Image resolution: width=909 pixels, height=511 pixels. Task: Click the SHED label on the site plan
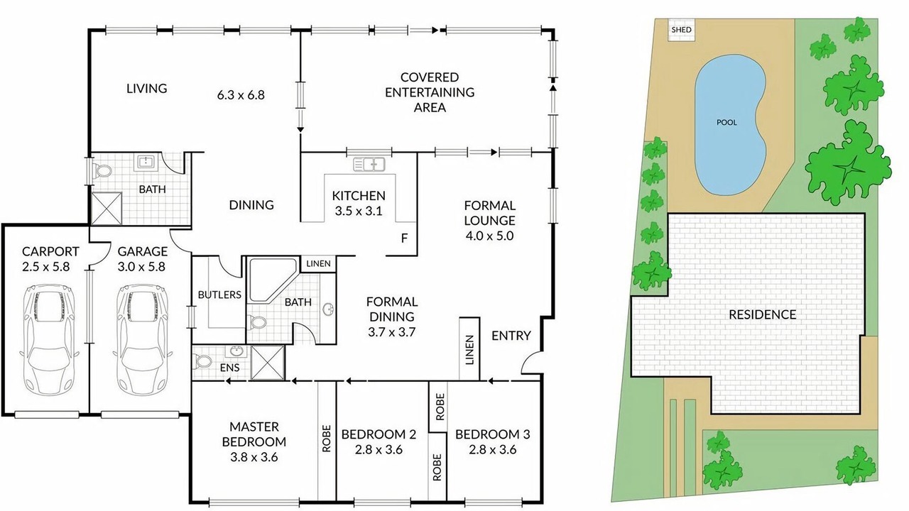click(x=681, y=30)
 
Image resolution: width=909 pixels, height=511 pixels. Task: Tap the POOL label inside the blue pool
click(x=726, y=122)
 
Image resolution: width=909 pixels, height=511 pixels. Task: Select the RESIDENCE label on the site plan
click(x=763, y=314)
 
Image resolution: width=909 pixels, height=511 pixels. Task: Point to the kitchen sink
click(x=369, y=164)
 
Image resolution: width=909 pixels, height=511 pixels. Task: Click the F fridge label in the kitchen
click(x=404, y=238)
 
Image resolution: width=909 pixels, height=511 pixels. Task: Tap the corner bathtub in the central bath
click(x=272, y=280)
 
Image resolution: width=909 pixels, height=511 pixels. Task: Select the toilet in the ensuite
click(x=202, y=361)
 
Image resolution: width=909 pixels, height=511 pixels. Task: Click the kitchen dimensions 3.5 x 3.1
click(x=359, y=211)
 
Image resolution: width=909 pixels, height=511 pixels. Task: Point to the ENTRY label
click(x=511, y=336)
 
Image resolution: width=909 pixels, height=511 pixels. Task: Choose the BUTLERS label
click(x=219, y=295)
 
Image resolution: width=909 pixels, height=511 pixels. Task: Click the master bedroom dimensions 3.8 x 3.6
click(x=254, y=457)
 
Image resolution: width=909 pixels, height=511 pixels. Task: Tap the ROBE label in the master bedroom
click(x=327, y=439)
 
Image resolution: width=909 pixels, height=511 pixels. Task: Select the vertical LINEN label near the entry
click(x=469, y=350)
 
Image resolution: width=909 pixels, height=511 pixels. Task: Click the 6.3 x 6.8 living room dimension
click(x=241, y=95)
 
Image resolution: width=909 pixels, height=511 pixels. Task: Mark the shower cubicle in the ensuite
click(x=268, y=363)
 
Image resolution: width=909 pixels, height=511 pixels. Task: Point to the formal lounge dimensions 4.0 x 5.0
click(x=490, y=236)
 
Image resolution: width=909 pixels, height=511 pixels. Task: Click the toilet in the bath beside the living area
click(x=102, y=170)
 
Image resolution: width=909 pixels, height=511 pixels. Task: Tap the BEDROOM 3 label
click(x=493, y=434)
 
